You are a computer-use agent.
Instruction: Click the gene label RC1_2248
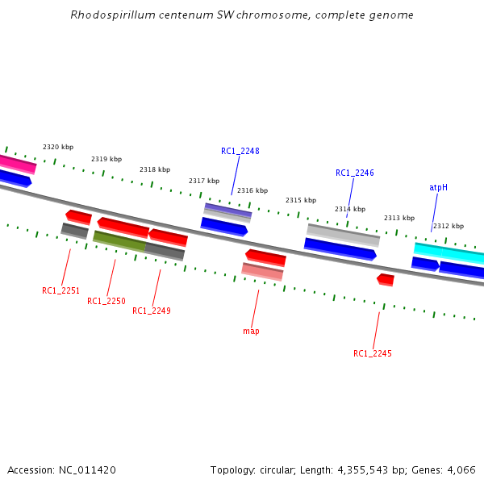coord(240,151)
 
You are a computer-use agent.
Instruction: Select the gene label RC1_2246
coord(355,173)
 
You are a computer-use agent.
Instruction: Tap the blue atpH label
coord(438,187)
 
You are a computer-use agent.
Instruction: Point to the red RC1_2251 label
coord(61,290)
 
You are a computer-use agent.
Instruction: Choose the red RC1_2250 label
coord(106,301)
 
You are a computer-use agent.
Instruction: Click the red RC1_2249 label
coord(152,311)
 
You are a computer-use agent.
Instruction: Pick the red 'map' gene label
coord(251,331)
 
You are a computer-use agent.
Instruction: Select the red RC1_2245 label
coord(373,353)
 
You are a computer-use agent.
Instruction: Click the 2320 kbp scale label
coord(58,147)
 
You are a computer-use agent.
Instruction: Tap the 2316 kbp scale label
coord(252,191)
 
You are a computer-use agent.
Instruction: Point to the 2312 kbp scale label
coord(449,227)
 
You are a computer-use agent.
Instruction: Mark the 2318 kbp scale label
coord(155,169)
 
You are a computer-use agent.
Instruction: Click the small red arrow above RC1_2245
coord(386,279)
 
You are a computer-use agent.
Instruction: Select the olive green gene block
coord(119,240)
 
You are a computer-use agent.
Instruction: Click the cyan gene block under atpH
coord(449,252)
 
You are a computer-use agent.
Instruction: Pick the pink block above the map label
coord(263,271)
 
